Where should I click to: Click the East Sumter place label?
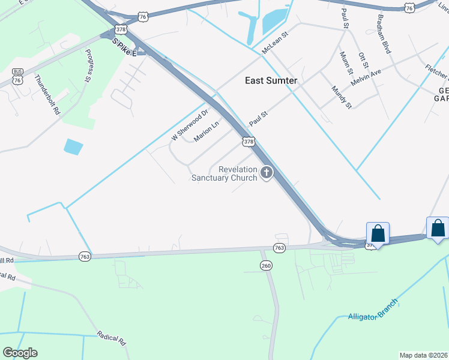(x=271, y=81)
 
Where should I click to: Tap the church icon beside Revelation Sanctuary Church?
(x=266, y=173)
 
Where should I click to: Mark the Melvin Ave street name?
(x=366, y=76)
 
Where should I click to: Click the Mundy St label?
(x=341, y=97)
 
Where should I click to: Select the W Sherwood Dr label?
(x=190, y=124)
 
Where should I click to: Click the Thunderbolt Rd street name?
(x=48, y=94)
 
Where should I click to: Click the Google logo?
(x=20, y=353)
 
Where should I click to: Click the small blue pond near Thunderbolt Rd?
(x=73, y=146)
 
